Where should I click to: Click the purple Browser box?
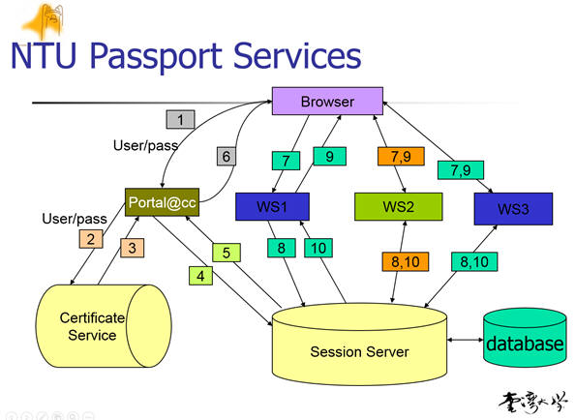click(327, 102)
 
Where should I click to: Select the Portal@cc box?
click(162, 202)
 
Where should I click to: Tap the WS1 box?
click(272, 207)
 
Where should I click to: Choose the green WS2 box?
click(398, 207)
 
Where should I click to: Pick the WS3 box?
click(513, 209)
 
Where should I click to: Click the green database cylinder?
click(525, 338)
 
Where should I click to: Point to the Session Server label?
click(359, 352)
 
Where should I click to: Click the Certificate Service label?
click(92, 326)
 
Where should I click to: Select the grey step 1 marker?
click(180, 119)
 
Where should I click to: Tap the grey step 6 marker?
click(226, 157)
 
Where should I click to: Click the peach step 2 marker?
click(91, 239)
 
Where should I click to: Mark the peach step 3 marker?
click(132, 248)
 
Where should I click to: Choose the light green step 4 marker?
click(200, 276)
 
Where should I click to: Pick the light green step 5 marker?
click(227, 253)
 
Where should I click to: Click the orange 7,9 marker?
click(401, 157)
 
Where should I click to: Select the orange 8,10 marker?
click(406, 261)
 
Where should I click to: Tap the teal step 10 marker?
click(318, 248)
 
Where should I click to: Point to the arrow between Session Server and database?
click(465, 340)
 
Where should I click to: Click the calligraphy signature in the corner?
click(532, 402)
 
